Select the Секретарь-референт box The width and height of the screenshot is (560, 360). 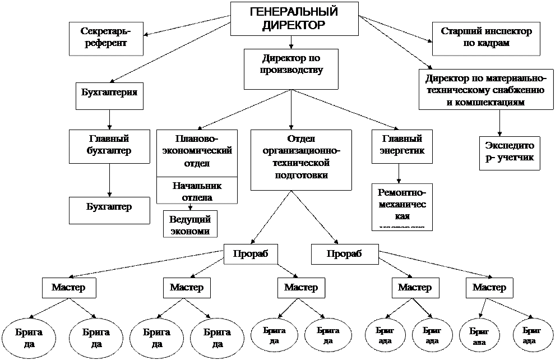[x=104, y=38]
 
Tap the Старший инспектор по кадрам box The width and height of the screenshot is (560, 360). [x=486, y=38]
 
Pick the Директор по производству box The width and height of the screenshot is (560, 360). [x=291, y=69]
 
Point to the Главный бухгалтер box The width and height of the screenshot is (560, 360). [x=109, y=146]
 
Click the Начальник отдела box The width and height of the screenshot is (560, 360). [x=196, y=191]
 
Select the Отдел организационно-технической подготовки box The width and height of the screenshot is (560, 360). [x=301, y=159]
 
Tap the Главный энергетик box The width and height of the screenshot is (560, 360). [x=402, y=146]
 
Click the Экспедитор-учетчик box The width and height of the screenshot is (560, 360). [x=510, y=153]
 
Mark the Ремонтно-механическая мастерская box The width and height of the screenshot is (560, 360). [x=402, y=206]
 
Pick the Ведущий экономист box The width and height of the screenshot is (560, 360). [x=189, y=224]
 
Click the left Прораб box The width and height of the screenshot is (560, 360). [x=247, y=254]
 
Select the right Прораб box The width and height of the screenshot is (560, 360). [x=344, y=254]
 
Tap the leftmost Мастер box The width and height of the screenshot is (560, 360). [x=68, y=288]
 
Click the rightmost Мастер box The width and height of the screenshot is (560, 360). [x=489, y=288]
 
